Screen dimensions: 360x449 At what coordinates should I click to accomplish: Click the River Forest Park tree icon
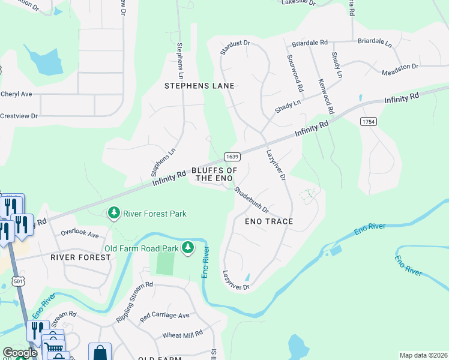pyautogui.click(x=113, y=213)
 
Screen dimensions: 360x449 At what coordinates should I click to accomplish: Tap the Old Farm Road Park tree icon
pyautogui.click(x=188, y=248)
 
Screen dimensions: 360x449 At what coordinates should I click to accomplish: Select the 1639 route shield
pyautogui.click(x=232, y=157)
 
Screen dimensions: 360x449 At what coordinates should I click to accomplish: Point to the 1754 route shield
pyautogui.click(x=368, y=121)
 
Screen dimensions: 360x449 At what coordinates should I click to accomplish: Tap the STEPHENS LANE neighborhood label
pyautogui.click(x=199, y=86)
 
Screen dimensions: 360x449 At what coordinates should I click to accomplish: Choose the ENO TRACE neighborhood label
pyautogui.click(x=269, y=221)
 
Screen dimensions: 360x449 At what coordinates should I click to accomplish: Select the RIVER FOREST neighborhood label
pyautogui.click(x=80, y=257)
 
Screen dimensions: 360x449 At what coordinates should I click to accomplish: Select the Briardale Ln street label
pyautogui.click(x=375, y=44)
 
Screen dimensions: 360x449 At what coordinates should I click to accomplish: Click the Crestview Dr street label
pyautogui.click(x=19, y=116)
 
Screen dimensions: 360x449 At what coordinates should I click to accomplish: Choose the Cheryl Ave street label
pyautogui.click(x=16, y=94)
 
